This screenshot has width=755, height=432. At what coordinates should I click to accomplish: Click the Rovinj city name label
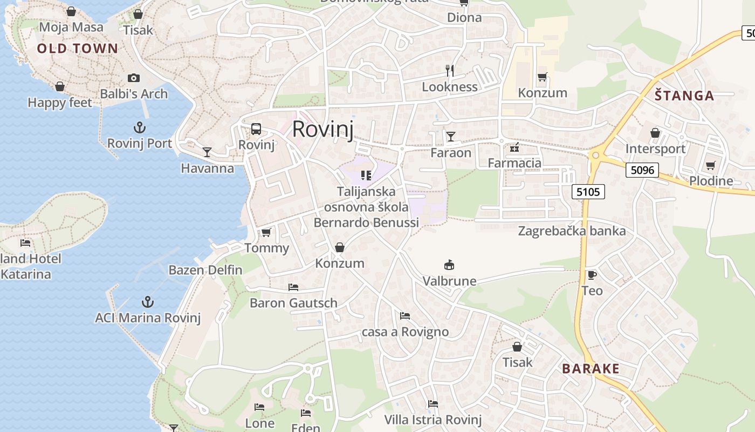[x=322, y=130]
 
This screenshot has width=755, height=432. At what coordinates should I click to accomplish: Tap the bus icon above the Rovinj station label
[x=256, y=129]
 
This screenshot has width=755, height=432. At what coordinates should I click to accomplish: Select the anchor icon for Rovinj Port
[x=140, y=128]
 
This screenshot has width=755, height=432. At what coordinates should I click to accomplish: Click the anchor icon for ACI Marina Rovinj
[x=147, y=302]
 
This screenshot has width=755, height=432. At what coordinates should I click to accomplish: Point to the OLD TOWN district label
[x=77, y=49]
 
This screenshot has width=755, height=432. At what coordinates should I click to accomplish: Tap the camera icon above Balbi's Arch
[x=134, y=78]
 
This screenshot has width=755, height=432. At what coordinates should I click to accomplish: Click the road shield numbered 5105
[x=588, y=191]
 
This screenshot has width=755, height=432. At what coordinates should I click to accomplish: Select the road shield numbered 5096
[x=642, y=171]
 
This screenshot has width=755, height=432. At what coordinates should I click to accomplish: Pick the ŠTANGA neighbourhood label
[x=684, y=96]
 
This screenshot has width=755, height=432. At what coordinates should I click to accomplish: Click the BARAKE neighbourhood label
[x=591, y=369]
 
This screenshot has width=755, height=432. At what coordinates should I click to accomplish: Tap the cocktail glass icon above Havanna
[x=207, y=152]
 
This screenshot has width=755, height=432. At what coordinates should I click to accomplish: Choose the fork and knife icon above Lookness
[x=450, y=70]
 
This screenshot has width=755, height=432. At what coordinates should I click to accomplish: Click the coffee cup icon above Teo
[x=592, y=275]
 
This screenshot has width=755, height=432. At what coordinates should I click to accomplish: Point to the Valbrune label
[x=449, y=281]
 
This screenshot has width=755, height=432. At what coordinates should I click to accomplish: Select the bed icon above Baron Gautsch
[x=293, y=287]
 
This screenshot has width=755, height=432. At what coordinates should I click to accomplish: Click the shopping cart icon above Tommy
[x=266, y=233]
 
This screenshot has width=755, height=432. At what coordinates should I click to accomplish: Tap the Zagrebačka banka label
[x=572, y=231]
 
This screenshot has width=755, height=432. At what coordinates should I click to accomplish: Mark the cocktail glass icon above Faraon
[x=450, y=137]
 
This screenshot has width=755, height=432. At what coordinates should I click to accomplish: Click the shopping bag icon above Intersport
[x=655, y=132]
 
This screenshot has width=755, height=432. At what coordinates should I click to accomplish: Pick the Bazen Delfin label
[x=205, y=269]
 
